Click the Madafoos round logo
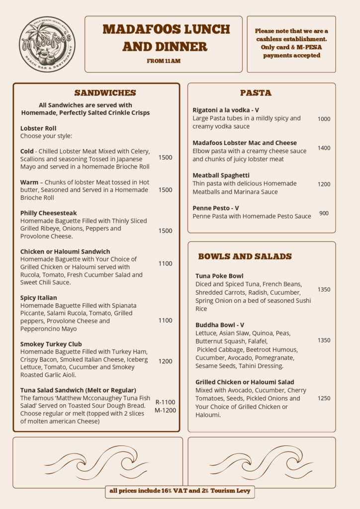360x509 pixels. coord(47,44)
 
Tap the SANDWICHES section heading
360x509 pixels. coord(105,93)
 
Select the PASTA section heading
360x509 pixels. coord(256,93)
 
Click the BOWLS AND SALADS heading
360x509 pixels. coord(245,256)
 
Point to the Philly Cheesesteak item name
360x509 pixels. coord(49,213)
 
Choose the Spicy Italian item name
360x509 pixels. coord(39,298)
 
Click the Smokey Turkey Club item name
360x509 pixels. coord(51,344)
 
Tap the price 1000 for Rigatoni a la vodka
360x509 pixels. coord(324,119)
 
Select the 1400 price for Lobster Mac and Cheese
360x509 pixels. coord(324,148)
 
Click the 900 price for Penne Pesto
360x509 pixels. coord(324,213)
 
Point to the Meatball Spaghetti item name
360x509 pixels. coord(221,175)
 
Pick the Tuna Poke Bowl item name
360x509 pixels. coord(219,276)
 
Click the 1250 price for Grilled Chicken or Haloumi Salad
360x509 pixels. coord(324,398)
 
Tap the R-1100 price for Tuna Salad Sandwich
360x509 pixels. coord(165,402)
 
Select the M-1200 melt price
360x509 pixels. coord(165,410)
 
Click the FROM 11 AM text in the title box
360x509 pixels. coord(163,61)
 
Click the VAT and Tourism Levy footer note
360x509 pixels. coord(180,491)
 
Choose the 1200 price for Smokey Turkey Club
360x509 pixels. coord(166,361)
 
